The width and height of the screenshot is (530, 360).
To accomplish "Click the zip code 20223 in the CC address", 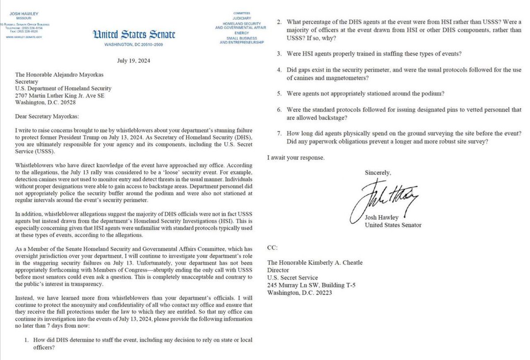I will (x=331, y=292).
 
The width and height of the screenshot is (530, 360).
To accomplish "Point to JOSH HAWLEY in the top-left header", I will (x=26, y=8).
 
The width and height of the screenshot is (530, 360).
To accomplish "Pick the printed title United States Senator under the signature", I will (x=393, y=225).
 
